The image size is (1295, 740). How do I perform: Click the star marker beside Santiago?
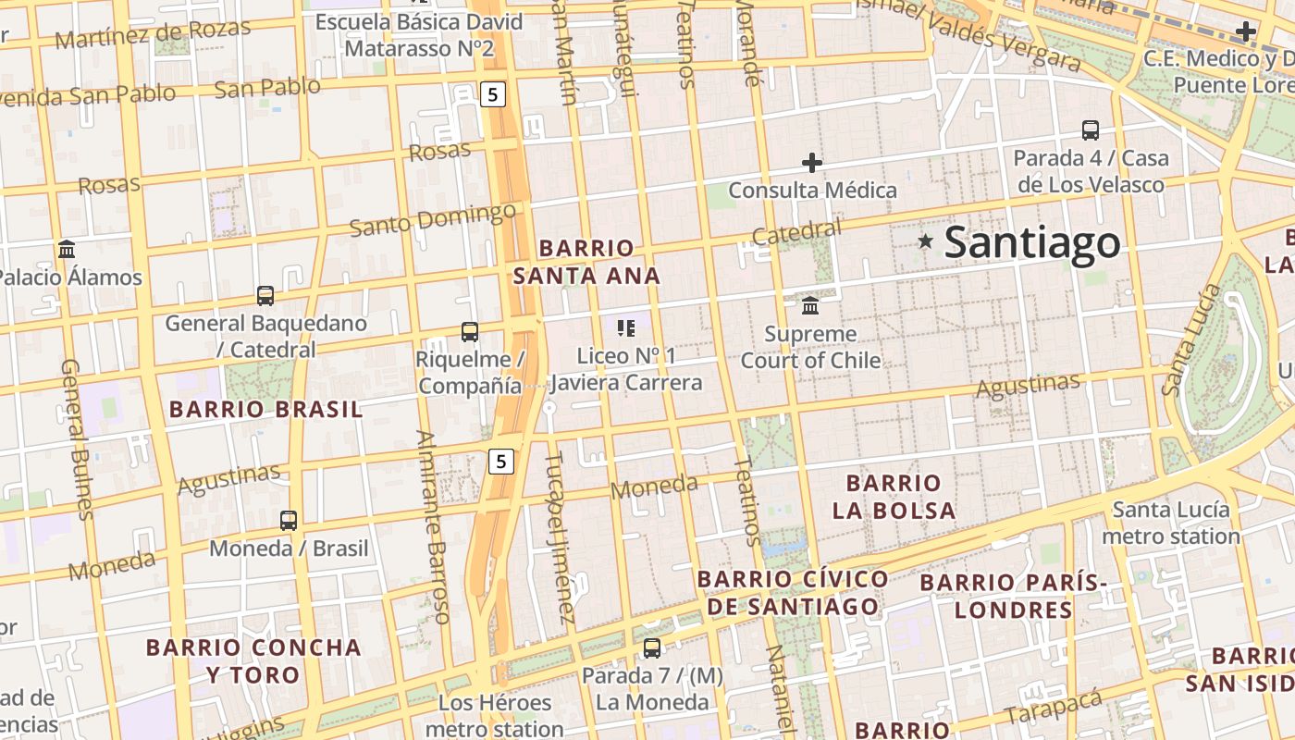925,241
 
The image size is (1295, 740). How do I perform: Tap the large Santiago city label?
1032,242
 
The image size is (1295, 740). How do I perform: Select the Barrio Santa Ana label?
586,262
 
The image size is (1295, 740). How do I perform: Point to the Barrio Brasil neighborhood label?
265,409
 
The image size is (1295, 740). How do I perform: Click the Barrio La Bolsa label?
893,497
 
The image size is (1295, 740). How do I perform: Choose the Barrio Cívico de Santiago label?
792,593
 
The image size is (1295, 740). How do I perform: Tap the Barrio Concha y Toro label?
253,660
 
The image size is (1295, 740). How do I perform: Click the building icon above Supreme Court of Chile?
810,305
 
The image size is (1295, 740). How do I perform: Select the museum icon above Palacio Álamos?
67,250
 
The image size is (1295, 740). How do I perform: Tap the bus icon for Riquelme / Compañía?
470,331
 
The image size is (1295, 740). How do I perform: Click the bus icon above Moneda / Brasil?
289,521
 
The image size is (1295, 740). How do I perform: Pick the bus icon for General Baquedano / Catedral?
265,296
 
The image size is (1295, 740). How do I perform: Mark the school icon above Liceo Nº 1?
626,327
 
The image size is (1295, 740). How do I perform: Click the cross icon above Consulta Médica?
811,163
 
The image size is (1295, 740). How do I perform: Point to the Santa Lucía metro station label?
1171,523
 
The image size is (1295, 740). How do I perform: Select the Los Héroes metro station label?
500,716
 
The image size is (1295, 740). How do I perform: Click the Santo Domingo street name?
432,220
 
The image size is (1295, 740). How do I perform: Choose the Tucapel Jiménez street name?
560,536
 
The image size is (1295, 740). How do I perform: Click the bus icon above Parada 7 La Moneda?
652,647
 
